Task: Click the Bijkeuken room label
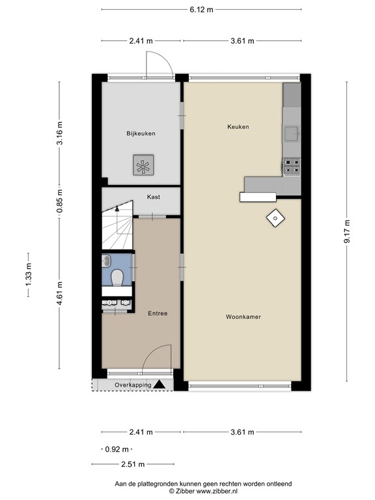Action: pos(141,133)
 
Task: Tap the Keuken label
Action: pos(238,126)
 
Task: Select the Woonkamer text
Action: pos(243,316)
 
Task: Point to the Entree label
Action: pos(158,313)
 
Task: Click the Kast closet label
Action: pos(154,197)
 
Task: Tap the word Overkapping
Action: pos(133,385)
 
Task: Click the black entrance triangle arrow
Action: pos(159,385)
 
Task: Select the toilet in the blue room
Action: pos(117,277)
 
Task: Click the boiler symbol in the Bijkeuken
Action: pos(143,165)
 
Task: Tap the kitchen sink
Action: pos(292,133)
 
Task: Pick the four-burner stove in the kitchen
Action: pos(292,167)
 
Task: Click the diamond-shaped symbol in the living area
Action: pos(275,219)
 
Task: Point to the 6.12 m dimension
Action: pos(201,10)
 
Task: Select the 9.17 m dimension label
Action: pos(346,232)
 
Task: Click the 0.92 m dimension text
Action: pos(117,449)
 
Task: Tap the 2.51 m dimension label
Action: pos(133,464)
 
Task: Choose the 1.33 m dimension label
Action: pos(29,275)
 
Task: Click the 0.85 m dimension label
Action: pos(59,201)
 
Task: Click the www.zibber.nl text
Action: pos(217,492)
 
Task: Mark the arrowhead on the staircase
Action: pos(117,208)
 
